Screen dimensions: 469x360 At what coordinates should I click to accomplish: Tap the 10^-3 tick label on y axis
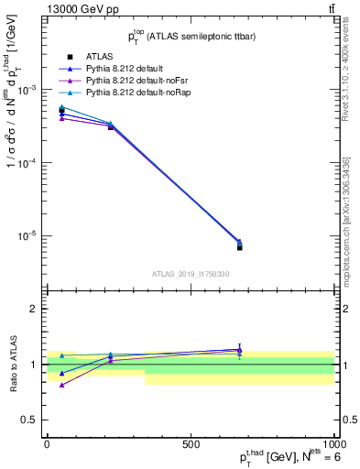[x=27, y=91]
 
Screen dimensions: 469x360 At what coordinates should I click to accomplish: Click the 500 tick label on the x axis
[x=191, y=443]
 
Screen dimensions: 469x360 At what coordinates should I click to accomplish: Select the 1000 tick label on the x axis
[x=333, y=443]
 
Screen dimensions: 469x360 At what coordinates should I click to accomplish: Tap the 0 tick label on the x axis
[x=47, y=443]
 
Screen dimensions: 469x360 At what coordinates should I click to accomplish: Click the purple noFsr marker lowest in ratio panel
[x=61, y=385]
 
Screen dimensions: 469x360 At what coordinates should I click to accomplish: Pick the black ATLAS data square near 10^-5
[x=239, y=247]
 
